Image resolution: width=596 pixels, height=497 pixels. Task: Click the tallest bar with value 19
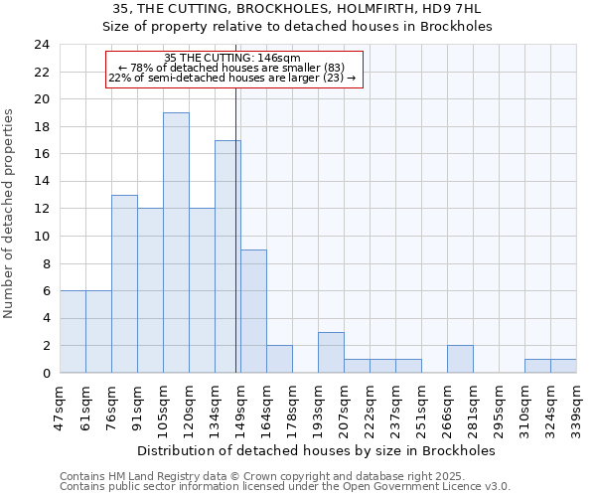tap(176, 243)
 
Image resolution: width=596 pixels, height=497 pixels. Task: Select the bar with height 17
tap(227, 256)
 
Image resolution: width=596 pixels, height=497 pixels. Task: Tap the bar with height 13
tap(124, 283)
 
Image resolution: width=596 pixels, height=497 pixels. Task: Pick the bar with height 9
tap(253, 311)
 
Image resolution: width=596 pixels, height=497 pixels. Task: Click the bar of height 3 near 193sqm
tap(331, 352)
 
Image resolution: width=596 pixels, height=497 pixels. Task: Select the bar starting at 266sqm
tap(460, 359)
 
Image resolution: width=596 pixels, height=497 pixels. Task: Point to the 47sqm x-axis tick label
tap(60, 407)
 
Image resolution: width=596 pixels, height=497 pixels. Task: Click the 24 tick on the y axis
tap(42, 45)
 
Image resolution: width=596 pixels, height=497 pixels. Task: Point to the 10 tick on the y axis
tap(42, 237)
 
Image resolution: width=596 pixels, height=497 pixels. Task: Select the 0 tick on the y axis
tap(46, 374)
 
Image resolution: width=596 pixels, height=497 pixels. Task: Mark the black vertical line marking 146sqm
tap(235, 229)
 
